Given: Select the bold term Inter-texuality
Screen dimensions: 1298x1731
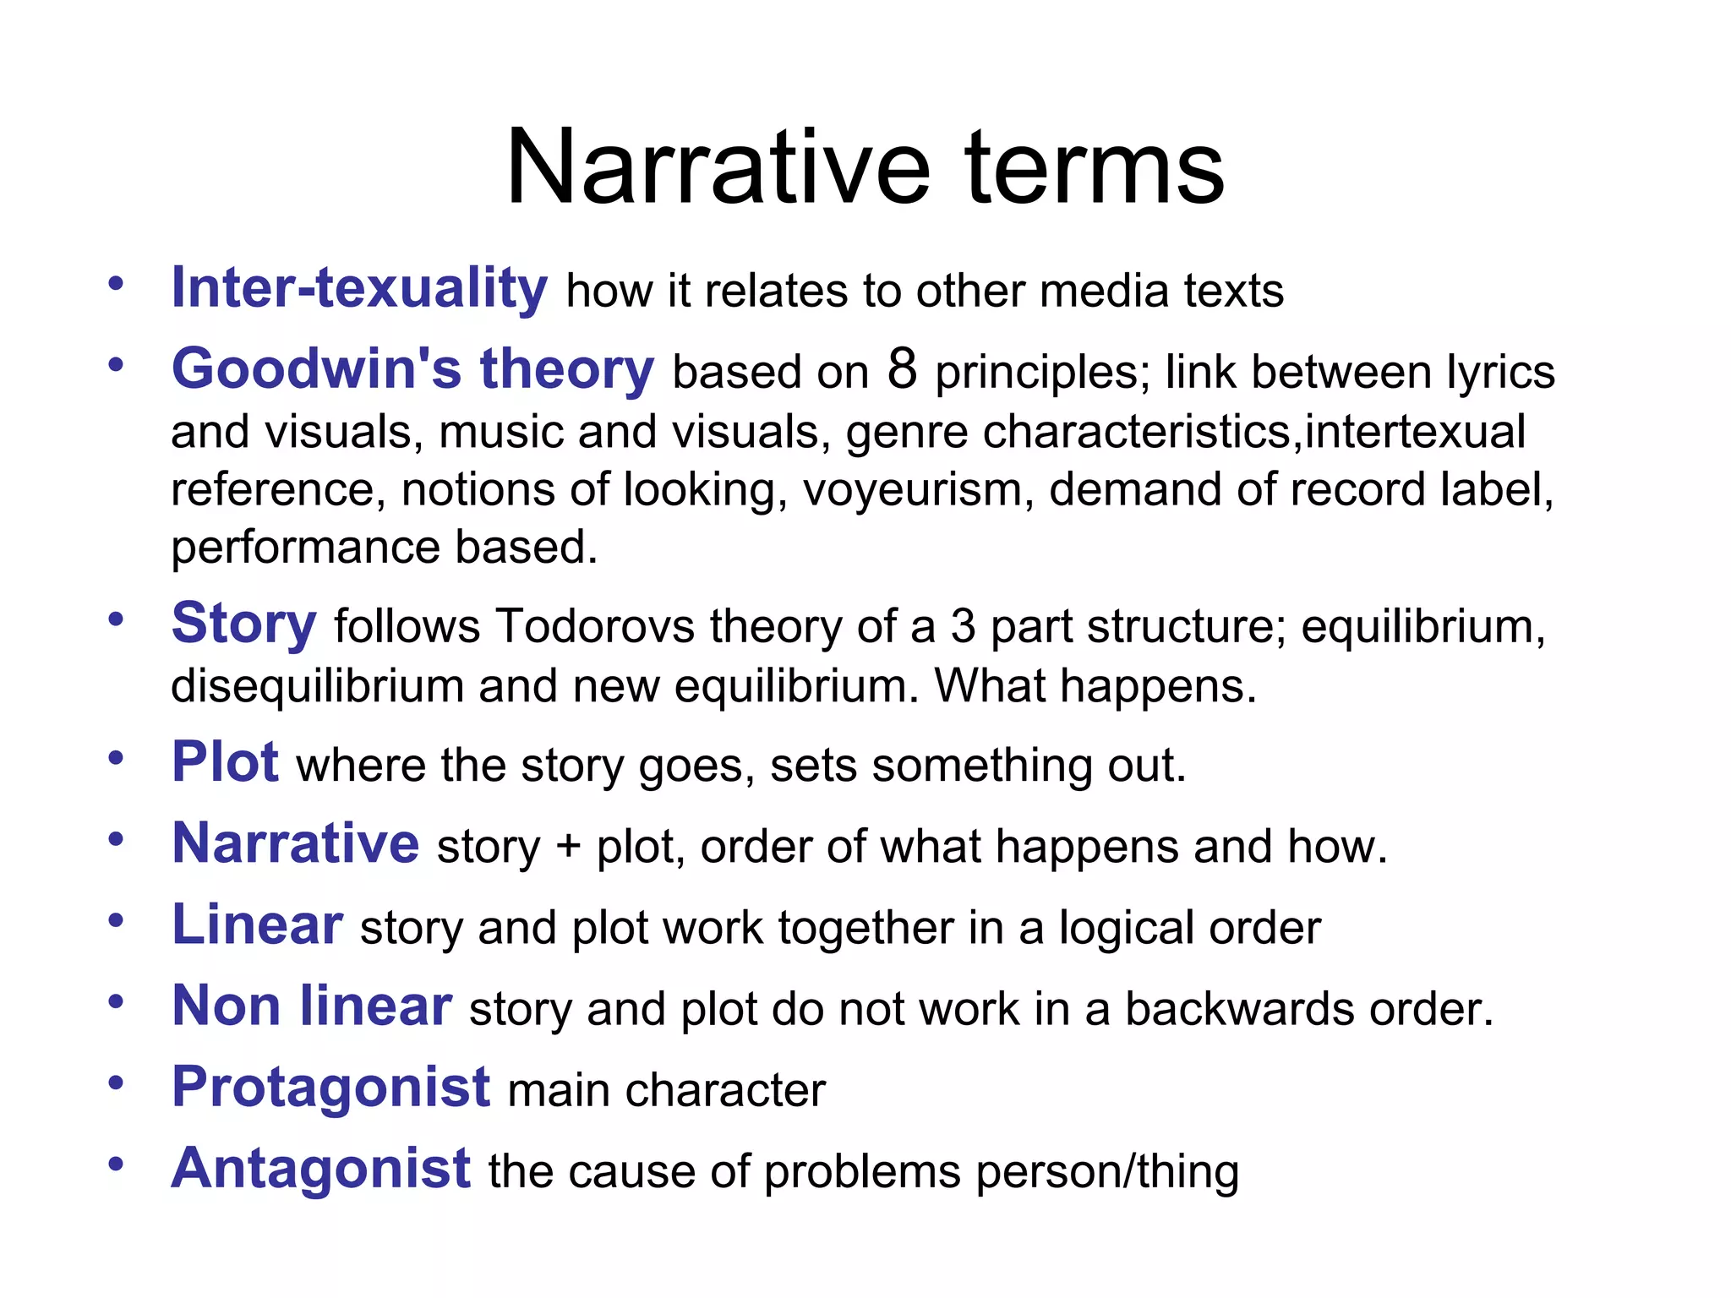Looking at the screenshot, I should click(x=359, y=288).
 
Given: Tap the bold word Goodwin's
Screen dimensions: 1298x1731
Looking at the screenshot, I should click(x=316, y=369).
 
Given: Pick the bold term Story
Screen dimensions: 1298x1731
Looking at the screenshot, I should click(x=243, y=624).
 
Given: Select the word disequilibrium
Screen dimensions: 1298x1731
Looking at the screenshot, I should click(x=317, y=685).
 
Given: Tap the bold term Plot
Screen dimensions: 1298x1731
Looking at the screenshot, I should click(x=225, y=762).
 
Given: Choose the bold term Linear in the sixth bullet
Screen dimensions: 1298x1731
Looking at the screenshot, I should click(x=257, y=924).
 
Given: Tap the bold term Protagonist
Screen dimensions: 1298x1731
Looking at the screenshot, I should click(x=330, y=1087).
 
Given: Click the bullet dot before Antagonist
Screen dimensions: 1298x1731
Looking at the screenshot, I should click(x=116, y=1164).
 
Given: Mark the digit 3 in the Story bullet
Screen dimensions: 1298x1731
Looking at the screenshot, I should click(x=964, y=627).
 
